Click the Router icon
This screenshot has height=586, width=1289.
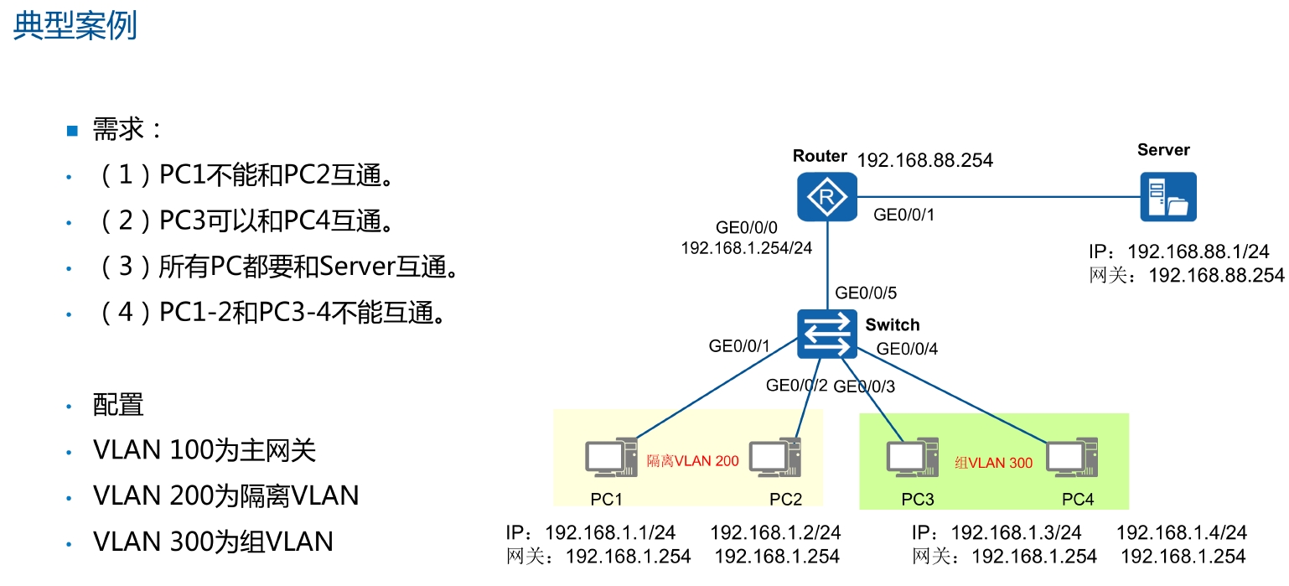tap(826, 197)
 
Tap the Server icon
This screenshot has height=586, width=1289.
tap(1168, 196)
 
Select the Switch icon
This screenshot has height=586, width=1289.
tap(826, 333)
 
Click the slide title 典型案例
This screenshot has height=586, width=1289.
tap(75, 26)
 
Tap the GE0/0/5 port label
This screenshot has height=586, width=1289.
tap(866, 293)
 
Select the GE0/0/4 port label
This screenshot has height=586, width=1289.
tap(907, 349)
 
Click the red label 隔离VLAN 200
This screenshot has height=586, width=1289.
tap(693, 460)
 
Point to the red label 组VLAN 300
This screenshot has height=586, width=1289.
tap(994, 462)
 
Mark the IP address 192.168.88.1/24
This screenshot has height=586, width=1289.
tap(1198, 252)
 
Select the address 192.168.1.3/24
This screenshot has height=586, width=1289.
tap(1016, 532)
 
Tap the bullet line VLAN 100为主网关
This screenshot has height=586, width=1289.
tap(204, 451)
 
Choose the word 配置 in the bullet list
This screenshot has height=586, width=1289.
tap(118, 406)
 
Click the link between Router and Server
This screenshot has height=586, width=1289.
tap(997, 197)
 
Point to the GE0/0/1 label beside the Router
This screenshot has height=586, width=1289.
tap(903, 215)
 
